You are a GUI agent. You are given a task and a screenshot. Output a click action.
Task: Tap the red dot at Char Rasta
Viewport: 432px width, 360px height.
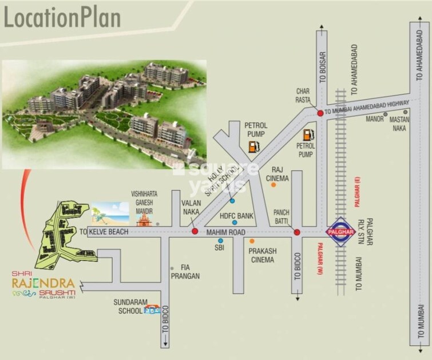[320, 113]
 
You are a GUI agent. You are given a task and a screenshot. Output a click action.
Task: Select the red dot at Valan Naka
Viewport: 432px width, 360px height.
[195, 232]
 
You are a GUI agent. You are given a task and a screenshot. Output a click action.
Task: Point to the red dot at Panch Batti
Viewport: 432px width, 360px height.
[296, 232]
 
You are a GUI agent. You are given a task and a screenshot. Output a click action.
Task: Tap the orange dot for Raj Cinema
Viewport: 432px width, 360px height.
[274, 185]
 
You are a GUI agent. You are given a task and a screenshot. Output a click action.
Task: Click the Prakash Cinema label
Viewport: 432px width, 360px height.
[261, 255]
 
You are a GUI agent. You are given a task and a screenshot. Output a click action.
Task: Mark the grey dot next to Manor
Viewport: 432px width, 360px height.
[385, 114]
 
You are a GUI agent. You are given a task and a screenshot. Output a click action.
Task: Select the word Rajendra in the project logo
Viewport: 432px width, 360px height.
[43, 283]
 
